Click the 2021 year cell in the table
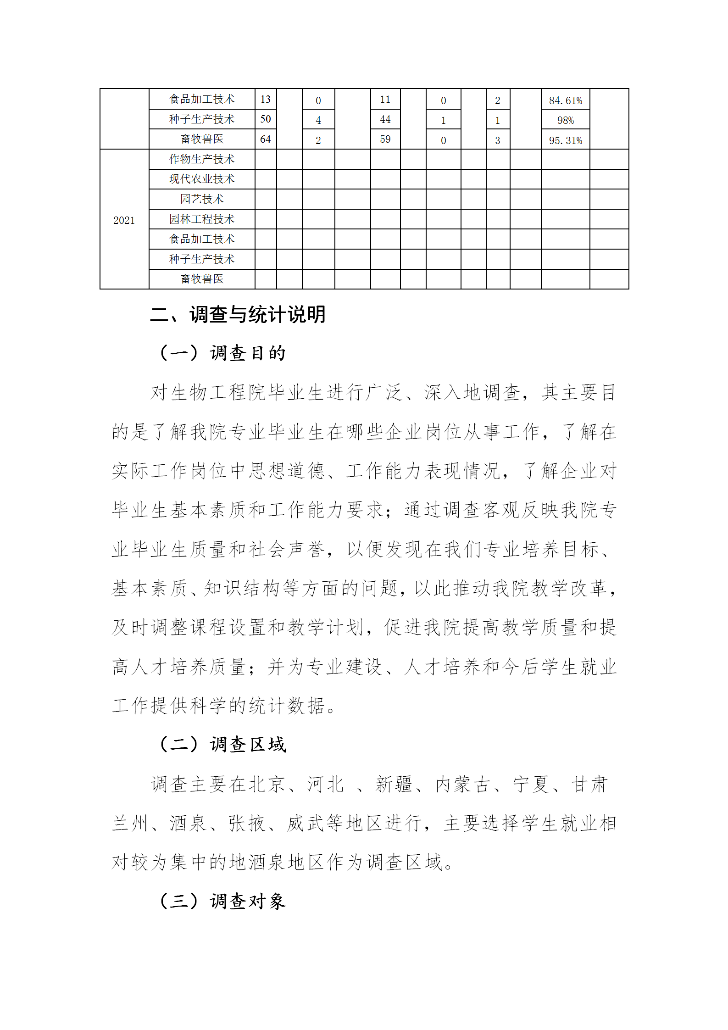click(x=124, y=220)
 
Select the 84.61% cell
click(x=565, y=100)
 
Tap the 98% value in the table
click(x=565, y=120)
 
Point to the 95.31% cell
click(x=565, y=140)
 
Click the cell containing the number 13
click(x=265, y=99)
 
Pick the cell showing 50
click(x=265, y=119)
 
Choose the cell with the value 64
click(x=265, y=139)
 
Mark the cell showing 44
click(x=385, y=119)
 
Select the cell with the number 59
click(x=385, y=139)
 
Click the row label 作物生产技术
click(x=201, y=159)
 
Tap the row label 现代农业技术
click(x=201, y=179)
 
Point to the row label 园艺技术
click(x=201, y=199)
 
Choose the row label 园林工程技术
click(x=201, y=219)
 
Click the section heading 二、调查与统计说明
click(x=238, y=315)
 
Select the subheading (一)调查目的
click(x=222, y=353)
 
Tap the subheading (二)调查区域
click(x=222, y=745)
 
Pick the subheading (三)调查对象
click(x=222, y=901)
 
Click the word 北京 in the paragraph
click(x=267, y=785)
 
